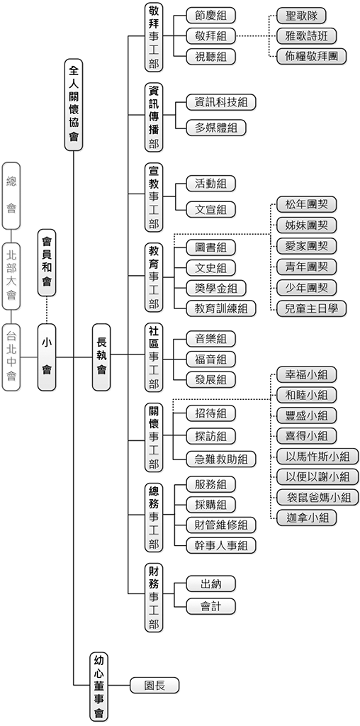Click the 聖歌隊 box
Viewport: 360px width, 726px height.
[x=300, y=15]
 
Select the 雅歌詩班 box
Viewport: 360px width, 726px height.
[x=306, y=35]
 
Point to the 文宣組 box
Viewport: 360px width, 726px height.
[x=210, y=209]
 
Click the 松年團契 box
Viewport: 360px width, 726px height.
[x=305, y=205]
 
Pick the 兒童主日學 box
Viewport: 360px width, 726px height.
[x=310, y=308]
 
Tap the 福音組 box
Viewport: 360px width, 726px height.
[x=210, y=359]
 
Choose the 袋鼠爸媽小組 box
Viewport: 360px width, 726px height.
[x=316, y=497]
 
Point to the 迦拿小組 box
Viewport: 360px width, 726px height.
[x=305, y=518]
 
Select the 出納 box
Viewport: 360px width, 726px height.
[x=210, y=583]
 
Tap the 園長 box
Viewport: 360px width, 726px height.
[x=154, y=686]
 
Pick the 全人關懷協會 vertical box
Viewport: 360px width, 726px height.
[x=74, y=104]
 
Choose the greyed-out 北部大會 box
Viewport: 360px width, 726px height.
[x=11, y=274]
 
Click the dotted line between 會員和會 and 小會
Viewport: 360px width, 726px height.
[x=47, y=309]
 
